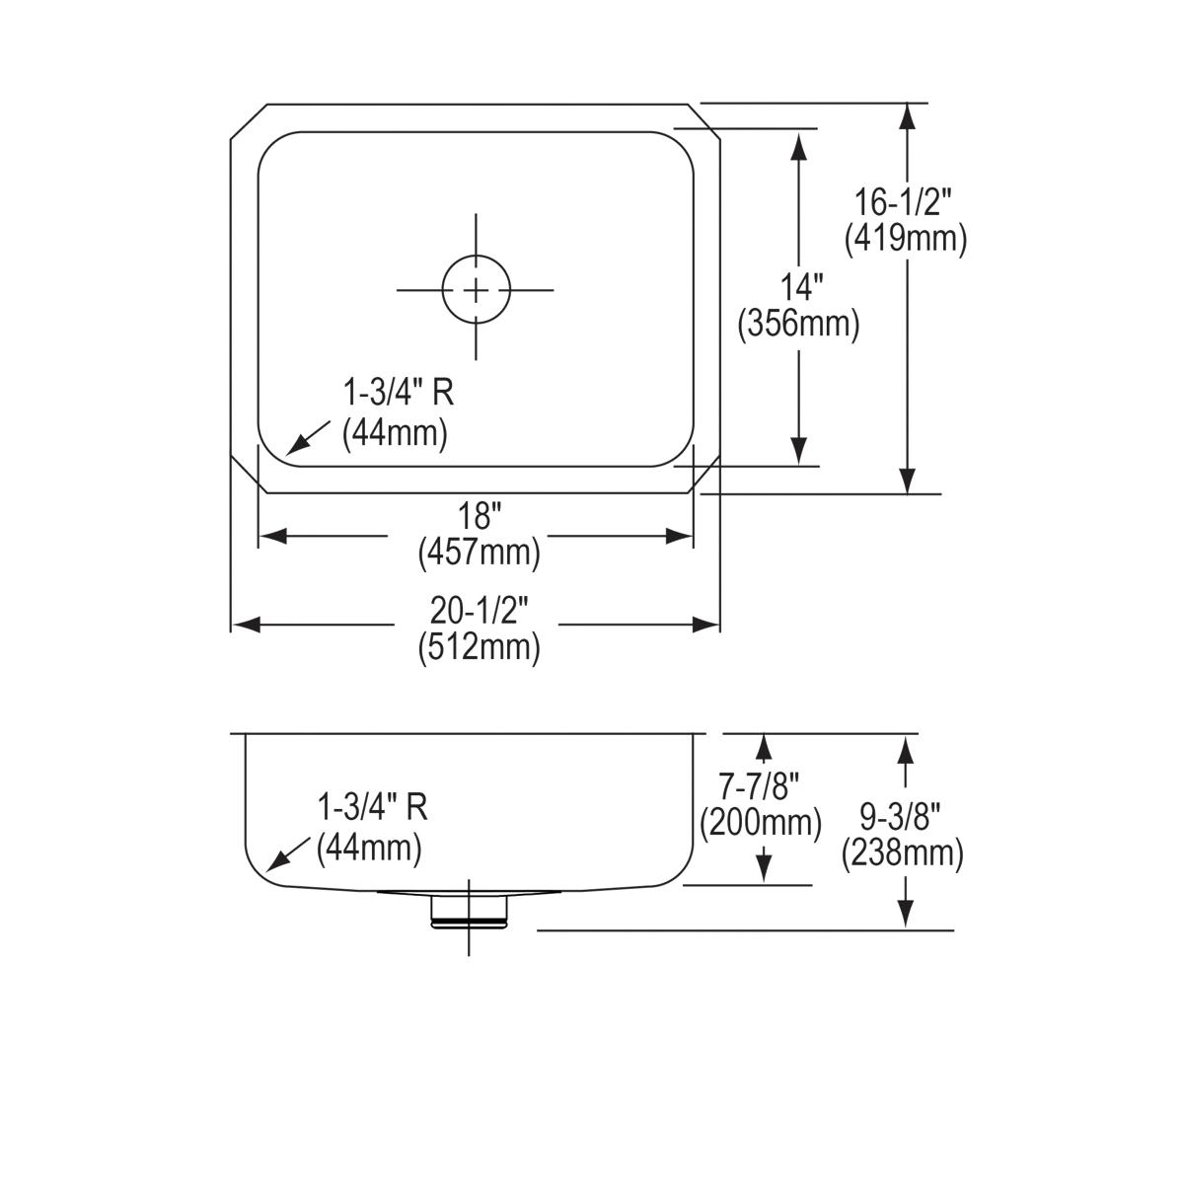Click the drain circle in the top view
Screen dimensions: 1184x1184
[x=477, y=290]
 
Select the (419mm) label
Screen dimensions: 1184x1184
[x=905, y=238]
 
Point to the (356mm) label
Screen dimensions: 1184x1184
[x=799, y=324]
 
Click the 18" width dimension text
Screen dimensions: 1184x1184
[x=479, y=516]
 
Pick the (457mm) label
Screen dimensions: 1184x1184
[x=479, y=552]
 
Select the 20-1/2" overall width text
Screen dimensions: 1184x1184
[x=479, y=611]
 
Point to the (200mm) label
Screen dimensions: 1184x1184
[x=760, y=822]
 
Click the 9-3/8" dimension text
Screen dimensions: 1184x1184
[x=901, y=817]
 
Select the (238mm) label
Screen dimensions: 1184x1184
[x=902, y=852]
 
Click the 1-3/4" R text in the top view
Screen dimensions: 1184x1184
[x=398, y=394]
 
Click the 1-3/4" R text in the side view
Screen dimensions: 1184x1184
[x=372, y=808]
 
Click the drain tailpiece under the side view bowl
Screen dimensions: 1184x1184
[x=469, y=910]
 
